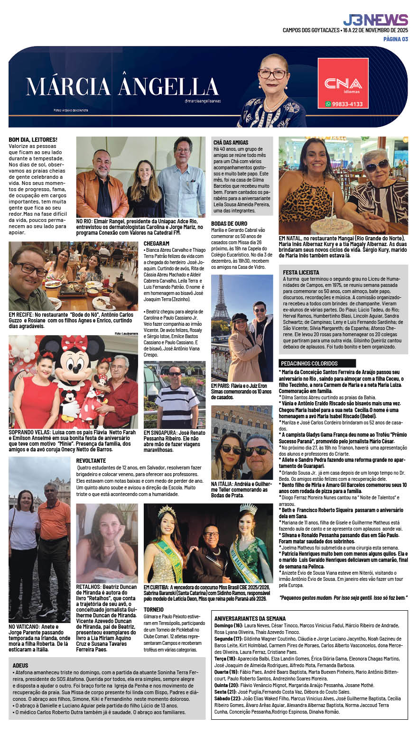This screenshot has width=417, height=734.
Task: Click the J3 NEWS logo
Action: (x=375, y=20)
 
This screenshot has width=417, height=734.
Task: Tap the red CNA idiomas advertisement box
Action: (x=343, y=83)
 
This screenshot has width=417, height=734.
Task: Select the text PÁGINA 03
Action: (x=396, y=39)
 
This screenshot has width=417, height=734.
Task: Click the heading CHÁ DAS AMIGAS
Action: (x=231, y=142)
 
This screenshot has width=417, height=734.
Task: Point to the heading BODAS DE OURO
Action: (x=229, y=223)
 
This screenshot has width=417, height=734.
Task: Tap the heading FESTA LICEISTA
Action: (x=301, y=272)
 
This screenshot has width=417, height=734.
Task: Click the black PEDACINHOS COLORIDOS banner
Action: (x=317, y=363)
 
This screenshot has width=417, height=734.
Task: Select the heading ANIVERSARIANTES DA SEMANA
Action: (x=250, y=618)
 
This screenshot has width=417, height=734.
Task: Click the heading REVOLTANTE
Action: (x=91, y=460)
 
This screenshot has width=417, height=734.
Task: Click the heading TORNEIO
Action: (x=154, y=609)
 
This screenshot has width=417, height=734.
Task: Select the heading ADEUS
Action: (x=20, y=665)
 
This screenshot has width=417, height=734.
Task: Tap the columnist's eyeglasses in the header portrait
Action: (x=272, y=74)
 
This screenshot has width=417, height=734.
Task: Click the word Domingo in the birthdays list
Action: (x=224, y=626)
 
